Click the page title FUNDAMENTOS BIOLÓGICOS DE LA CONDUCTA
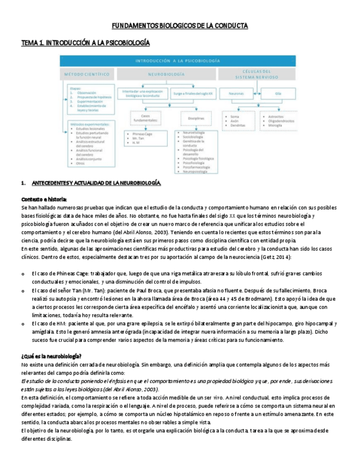point(180,26)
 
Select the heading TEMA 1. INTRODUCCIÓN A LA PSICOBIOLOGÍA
point(85,42)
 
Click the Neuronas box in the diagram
point(236,94)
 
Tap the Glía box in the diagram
point(278,94)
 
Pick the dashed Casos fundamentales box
point(145,119)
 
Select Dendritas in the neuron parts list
point(238,126)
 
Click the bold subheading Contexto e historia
point(44,199)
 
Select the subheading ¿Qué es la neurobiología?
point(51,356)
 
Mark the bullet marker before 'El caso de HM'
point(23,324)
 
